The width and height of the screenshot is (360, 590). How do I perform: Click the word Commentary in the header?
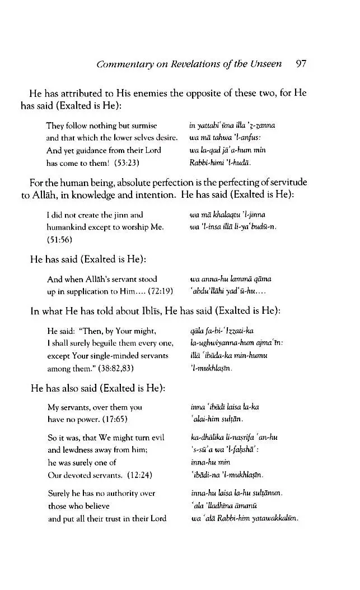tap(121, 64)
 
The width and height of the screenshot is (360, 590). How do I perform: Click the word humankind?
tap(68, 226)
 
